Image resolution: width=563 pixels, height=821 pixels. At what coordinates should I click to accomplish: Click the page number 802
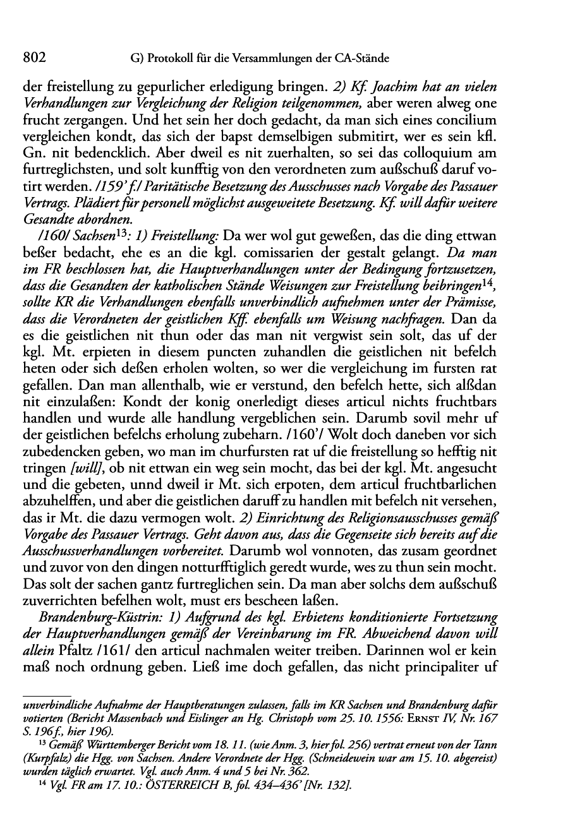35,58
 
